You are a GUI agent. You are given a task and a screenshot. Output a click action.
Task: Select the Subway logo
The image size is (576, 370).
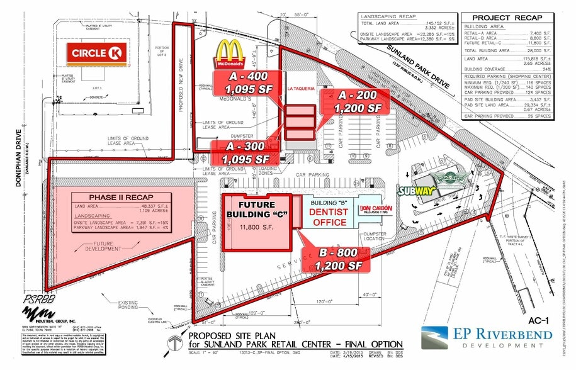coord(415,191)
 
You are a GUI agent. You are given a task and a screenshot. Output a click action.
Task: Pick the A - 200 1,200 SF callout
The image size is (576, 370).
coord(358,101)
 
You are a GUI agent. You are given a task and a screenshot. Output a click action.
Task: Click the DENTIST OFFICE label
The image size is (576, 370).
coord(327,217)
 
